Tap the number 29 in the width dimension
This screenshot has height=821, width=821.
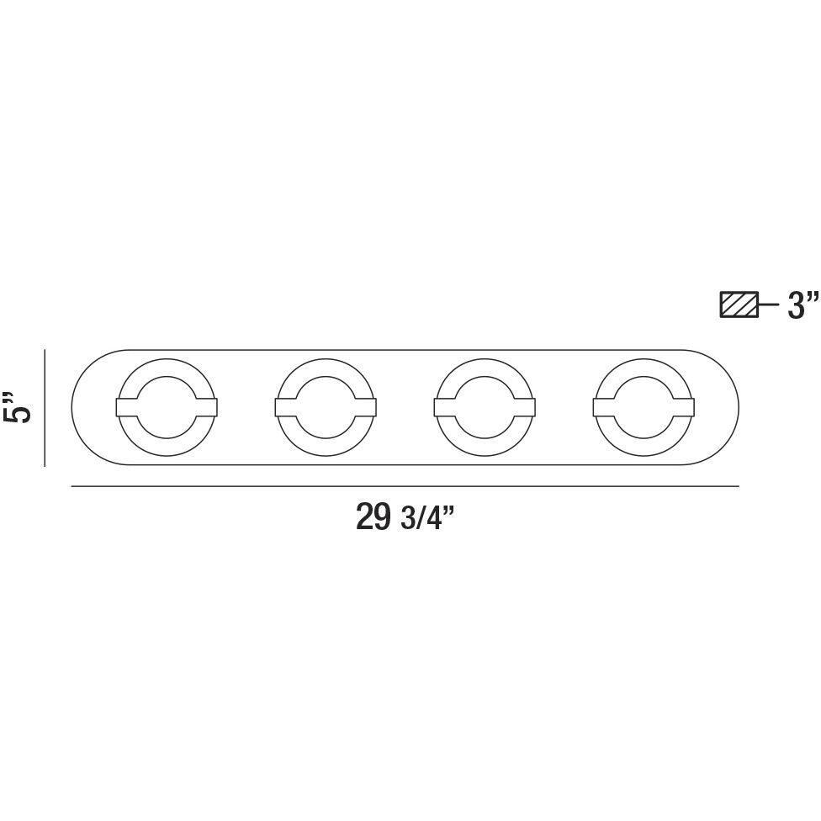click(x=373, y=516)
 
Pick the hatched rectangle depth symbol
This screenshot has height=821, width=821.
click(x=739, y=305)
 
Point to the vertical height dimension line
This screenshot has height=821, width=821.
click(x=45, y=408)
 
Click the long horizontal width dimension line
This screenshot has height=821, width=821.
click(x=405, y=486)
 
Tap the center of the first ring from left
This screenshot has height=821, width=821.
click(x=167, y=407)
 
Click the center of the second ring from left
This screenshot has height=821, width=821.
click(x=326, y=407)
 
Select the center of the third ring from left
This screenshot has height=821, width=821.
click(x=485, y=407)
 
